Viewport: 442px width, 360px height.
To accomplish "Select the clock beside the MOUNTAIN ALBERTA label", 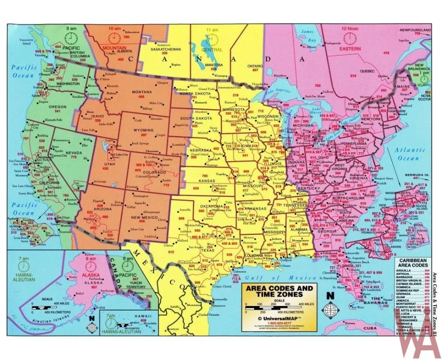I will tap(114, 38).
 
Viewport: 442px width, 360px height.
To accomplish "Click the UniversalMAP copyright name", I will tap(278, 318).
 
